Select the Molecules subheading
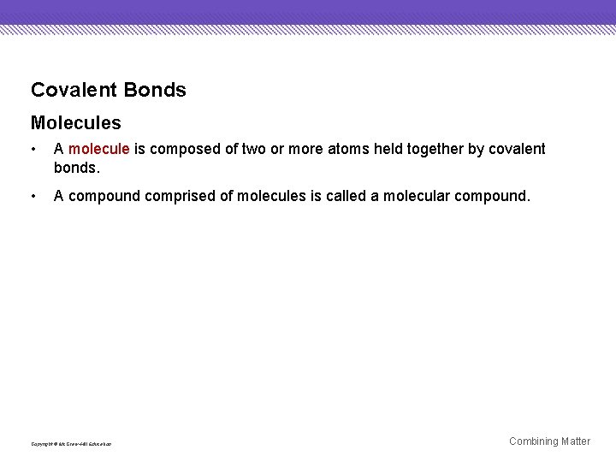pyautogui.click(x=76, y=124)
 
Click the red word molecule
pyautogui.click(x=99, y=150)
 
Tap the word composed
pyautogui.click(x=183, y=150)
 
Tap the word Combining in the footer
pyautogui.click(x=534, y=441)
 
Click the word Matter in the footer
pyautogui.click(x=576, y=441)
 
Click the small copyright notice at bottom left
pyautogui.click(x=71, y=443)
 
